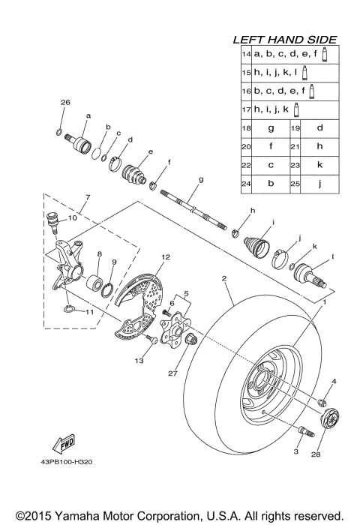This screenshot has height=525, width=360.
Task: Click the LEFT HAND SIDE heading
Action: coord(284,40)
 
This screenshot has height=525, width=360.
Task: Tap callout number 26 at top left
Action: coord(64,102)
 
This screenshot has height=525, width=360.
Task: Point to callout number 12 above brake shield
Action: coord(165,257)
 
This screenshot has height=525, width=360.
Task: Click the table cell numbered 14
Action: coord(245,55)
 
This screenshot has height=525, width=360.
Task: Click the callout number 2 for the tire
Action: coord(223,278)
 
